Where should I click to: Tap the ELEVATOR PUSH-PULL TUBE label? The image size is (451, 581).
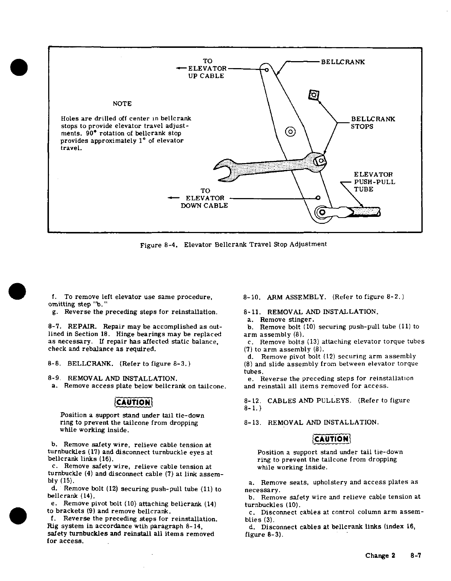pyautogui.click(x=374, y=182)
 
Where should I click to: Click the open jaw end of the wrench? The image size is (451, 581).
pyautogui.click(x=223, y=170)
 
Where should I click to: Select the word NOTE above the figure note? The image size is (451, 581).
pyautogui.click(x=122, y=104)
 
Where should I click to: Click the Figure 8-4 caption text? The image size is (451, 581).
pyautogui.click(x=234, y=244)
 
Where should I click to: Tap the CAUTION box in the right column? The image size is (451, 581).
pyautogui.click(x=331, y=438)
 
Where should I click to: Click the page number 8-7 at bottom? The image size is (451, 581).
pyautogui.click(x=415, y=556)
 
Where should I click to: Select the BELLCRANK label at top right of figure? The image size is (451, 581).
pyautogui.click(x=343, y=62)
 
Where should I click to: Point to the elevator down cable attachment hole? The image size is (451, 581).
pyautogui.click(x=319, y=198)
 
